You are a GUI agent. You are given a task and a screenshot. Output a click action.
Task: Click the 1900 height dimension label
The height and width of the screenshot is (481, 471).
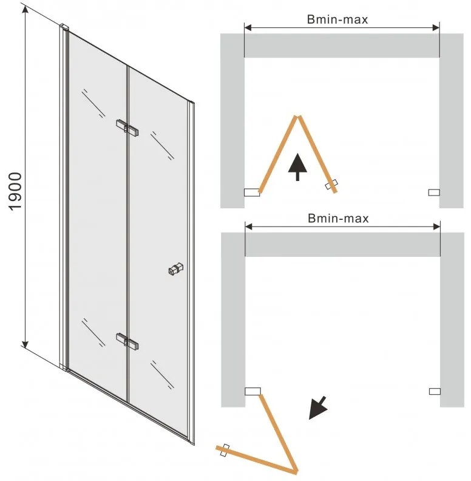[x=15, y=192]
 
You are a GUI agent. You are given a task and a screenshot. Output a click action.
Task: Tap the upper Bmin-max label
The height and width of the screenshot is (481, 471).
[x=337, y=19]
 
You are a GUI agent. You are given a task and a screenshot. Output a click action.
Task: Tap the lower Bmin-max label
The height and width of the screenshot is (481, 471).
[x=338, y=219]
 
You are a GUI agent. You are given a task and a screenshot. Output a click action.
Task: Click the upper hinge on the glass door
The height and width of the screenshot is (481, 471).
[x=127, y=128]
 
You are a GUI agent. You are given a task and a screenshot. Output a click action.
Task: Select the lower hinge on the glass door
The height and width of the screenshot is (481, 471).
[x=127, y=341]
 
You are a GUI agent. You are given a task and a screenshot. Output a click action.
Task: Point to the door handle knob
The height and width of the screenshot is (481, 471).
[x=175, y=268]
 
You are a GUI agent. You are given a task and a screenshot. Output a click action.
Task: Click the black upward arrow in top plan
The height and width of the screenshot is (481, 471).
[x=297, y=167]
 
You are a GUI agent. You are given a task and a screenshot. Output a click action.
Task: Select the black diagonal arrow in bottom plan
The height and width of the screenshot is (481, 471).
[x=317, y=408]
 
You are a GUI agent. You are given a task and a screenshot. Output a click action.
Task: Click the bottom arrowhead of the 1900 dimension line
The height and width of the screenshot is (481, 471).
[x=25, y=344]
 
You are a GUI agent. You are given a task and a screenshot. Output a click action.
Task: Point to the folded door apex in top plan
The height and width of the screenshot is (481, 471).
[x=297, y=117]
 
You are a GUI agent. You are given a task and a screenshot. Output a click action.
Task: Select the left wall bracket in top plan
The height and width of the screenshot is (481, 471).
[x=252, y=193]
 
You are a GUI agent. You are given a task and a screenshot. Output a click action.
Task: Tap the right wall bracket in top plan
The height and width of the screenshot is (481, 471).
[x=434, y=193]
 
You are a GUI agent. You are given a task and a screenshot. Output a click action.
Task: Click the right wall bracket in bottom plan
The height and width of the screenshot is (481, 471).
[x=435, y=392]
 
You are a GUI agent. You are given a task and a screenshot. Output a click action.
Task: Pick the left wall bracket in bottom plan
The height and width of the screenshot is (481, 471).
[x=252, y=392]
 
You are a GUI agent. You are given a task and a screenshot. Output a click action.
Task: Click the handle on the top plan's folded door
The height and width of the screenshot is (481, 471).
[x=331, y=185]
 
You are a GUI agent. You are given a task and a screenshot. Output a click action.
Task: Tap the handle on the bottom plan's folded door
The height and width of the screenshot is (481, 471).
[x=225, y=450]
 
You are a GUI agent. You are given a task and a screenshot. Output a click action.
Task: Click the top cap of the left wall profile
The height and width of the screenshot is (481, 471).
[x=64, y=27]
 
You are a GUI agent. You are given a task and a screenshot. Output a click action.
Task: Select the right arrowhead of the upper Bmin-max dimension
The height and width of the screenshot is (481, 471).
[x=436, y=28]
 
